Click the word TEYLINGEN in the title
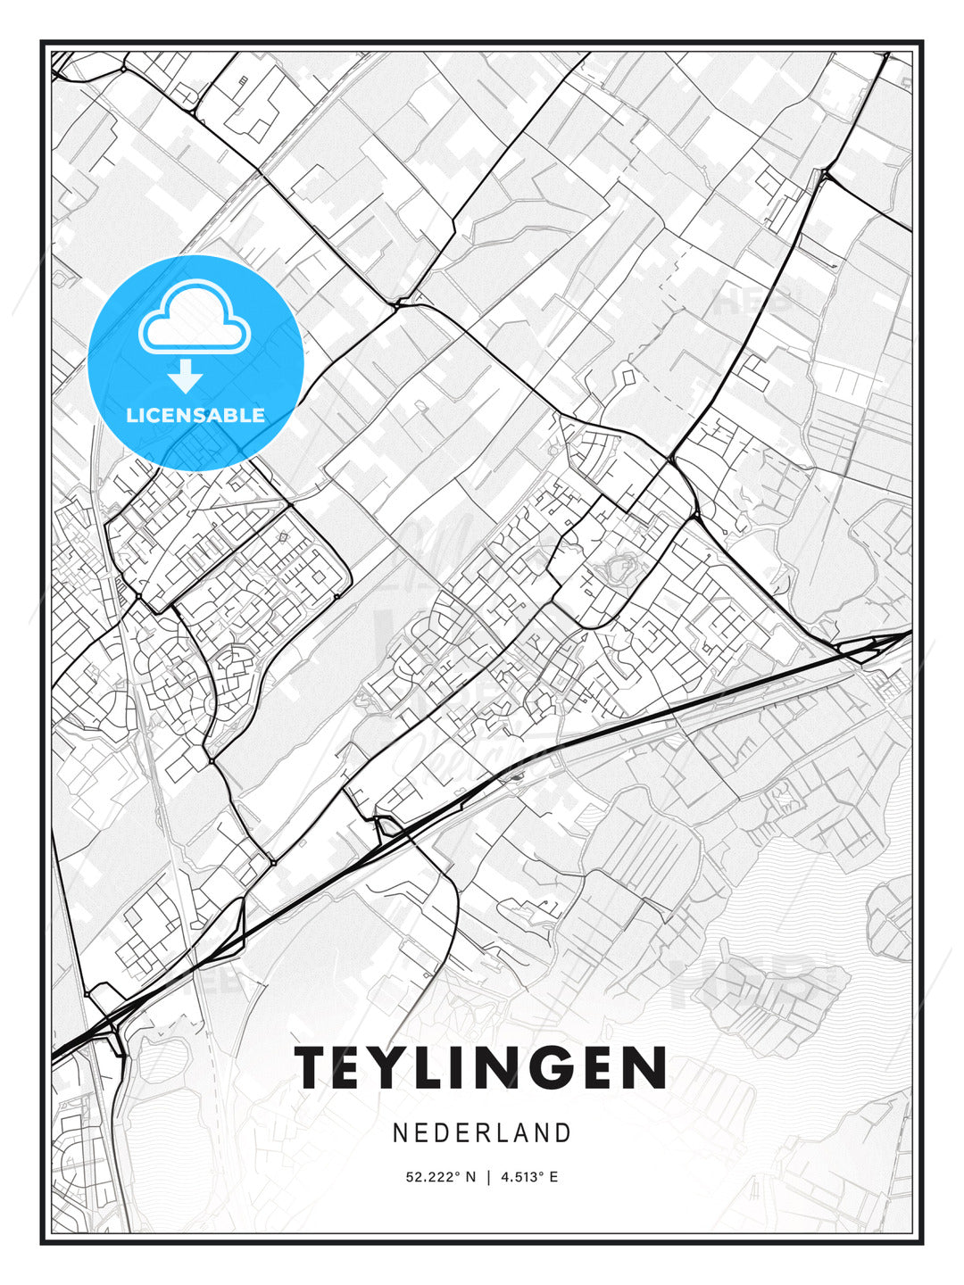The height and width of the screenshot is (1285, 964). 481,1067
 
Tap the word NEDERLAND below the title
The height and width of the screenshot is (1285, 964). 481,1133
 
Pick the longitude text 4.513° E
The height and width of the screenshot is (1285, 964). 529,1177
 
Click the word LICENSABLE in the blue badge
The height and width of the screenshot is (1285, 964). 195,415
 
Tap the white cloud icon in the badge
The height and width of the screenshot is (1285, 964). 193,319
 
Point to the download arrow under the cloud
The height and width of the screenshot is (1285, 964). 186,376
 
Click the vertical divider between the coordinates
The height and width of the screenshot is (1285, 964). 488,1177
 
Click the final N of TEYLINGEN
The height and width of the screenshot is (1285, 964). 645,1067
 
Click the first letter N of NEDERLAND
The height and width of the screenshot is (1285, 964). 399,1133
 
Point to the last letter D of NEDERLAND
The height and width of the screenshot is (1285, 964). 563,1133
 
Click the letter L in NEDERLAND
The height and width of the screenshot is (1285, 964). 502,1133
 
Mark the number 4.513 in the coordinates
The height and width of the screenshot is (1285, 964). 519,1177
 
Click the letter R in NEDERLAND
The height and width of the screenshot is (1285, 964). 481,1133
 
